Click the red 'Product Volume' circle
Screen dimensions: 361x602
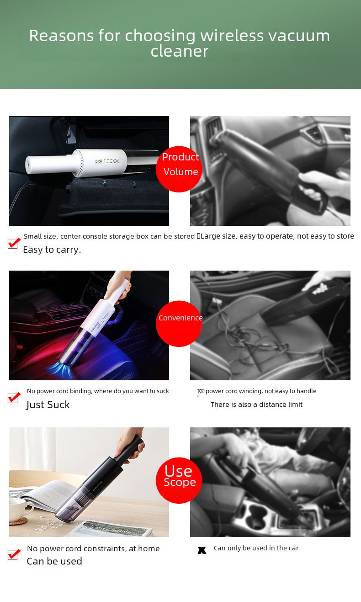coord(179,169)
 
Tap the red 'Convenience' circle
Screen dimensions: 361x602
coord(179,324)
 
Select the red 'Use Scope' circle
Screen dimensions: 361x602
coord(179,480)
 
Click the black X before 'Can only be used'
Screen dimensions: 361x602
coord(202,550)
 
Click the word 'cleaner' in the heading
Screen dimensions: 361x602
coord(180,51)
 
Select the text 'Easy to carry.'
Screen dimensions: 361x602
coord(52,250)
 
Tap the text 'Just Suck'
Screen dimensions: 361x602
coord(48,405)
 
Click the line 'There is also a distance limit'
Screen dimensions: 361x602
coord(256,405)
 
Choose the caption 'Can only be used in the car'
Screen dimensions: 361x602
coord(256,548)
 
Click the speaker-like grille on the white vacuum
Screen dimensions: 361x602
coord(107,161)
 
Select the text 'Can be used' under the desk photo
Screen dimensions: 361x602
coord(54,561)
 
